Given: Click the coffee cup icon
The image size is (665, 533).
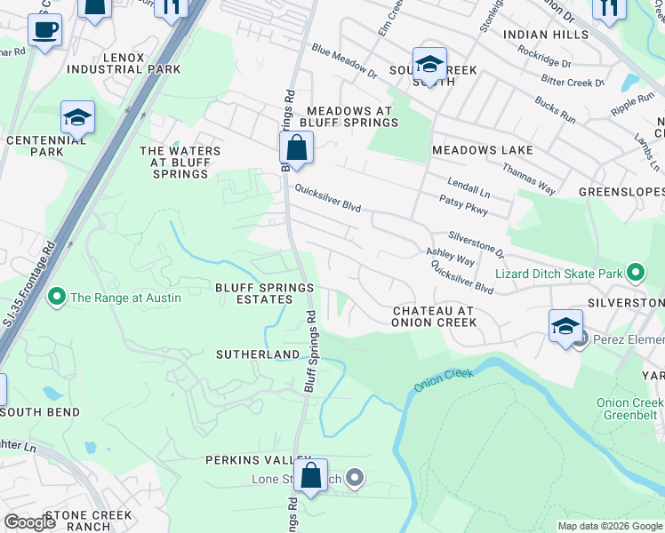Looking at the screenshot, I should click(44, 30).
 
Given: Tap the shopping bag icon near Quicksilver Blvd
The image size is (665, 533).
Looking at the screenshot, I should click(296, 147).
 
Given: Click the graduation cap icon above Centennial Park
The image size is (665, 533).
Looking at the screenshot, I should click(77, 117).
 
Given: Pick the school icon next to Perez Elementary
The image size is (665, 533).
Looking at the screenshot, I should click(565, 326).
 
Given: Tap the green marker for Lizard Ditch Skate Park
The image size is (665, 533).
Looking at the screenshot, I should click(636, 274).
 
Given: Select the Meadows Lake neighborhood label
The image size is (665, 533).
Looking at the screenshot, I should click(475, 150).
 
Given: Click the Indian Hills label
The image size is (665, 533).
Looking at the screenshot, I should click(546, 35).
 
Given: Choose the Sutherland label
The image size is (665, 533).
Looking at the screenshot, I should click(258, 354).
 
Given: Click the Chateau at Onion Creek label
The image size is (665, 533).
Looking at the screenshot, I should click(434, 316).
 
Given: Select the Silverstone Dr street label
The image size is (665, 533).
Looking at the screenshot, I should click(476, 241).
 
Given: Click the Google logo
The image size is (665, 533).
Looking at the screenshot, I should click(29, 521).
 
